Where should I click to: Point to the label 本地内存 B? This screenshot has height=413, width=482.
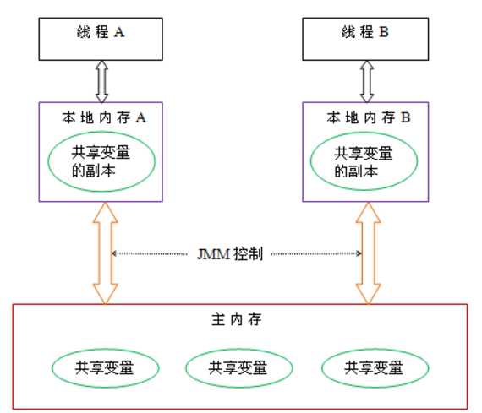367,118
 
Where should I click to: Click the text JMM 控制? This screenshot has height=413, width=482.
235,253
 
